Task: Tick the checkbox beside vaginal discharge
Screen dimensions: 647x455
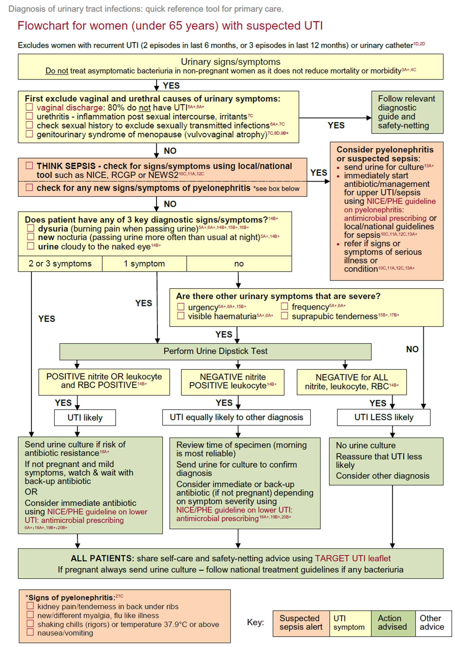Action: pyautogui.click(x=29, y=107)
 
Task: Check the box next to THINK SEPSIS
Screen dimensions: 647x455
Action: pyautogui.click(x=29, y=165)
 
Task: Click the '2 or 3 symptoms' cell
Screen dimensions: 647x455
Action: pyautogui.click(x=60, y=264)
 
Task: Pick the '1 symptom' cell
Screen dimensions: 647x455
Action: pyautogui.click(x=144, y=264)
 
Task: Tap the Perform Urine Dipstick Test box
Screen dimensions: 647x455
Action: pyautogui.click(x=215, y=351)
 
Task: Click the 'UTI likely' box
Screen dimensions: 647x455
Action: pyautogui.click(x=85, y=418)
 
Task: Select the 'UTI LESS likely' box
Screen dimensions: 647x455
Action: pyautogui.click(x=383, y=417)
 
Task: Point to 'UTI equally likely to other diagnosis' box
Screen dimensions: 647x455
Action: pyautogui.click(x=236, y=417)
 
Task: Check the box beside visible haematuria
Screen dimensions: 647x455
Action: pyautogui.click(x=181, y=316)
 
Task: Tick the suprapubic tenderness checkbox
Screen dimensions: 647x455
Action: pyautogui.click(x=284, y=316)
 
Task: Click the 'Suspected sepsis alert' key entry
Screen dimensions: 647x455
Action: pyautogui.click(x=301, y=623)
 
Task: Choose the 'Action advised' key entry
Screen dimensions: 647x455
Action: pyautogui.click(x=392, y=623)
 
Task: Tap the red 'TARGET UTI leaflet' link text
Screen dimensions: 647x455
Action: pyautogui.click(x=352, y=559)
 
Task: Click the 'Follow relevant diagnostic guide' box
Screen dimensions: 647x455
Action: pyautogui.click(x=407, y=112)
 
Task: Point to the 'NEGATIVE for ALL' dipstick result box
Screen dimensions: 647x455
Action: pyautogui.click(x=351, y=382)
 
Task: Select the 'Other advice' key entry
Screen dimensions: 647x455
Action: pyautogui.click(x=432, y=623)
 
